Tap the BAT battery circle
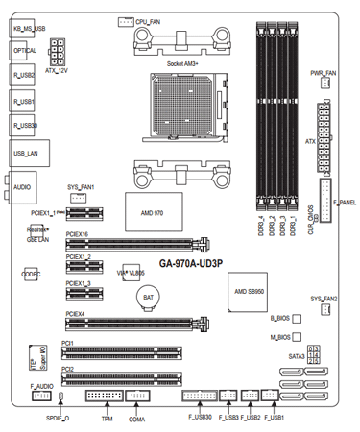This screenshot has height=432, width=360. point(149,299)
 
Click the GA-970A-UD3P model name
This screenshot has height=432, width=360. point(191,262)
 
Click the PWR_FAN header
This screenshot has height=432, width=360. point(324,84)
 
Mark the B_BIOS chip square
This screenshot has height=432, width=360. point(297,317)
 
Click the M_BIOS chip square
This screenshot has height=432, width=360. point(297,337)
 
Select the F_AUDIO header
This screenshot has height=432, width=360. point(39,395)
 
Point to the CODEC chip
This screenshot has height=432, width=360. point(29,274)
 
